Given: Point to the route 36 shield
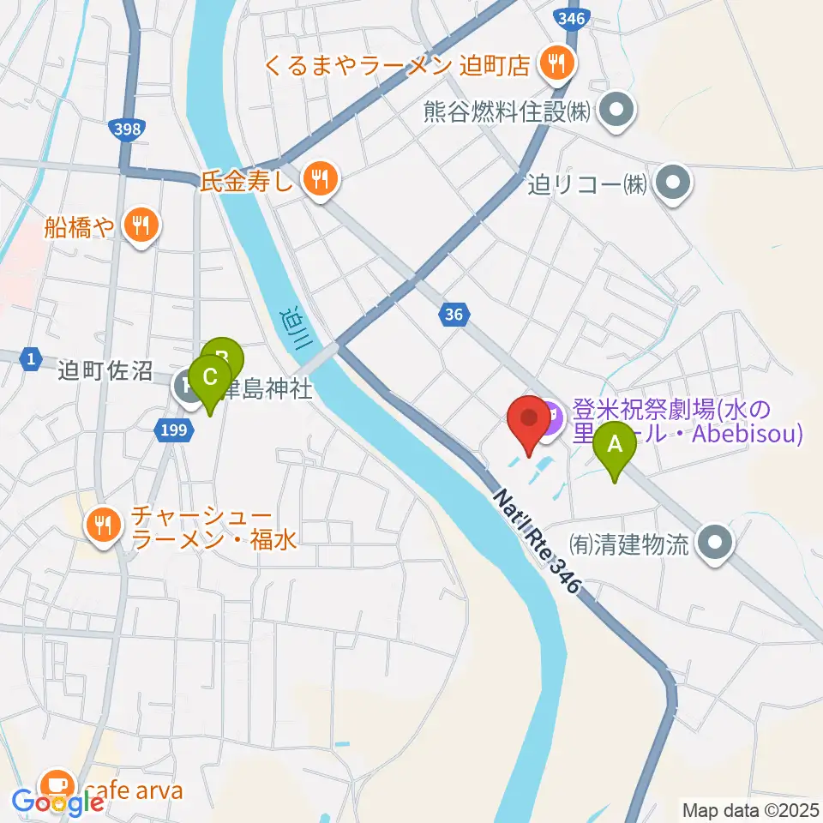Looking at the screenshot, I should click(x=454, y=315).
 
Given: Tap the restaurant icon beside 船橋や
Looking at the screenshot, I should click(x=138, y=225).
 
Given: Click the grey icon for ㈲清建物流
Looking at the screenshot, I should click(x=713, y=544).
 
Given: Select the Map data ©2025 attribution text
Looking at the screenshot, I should click(x=749, y=808).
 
